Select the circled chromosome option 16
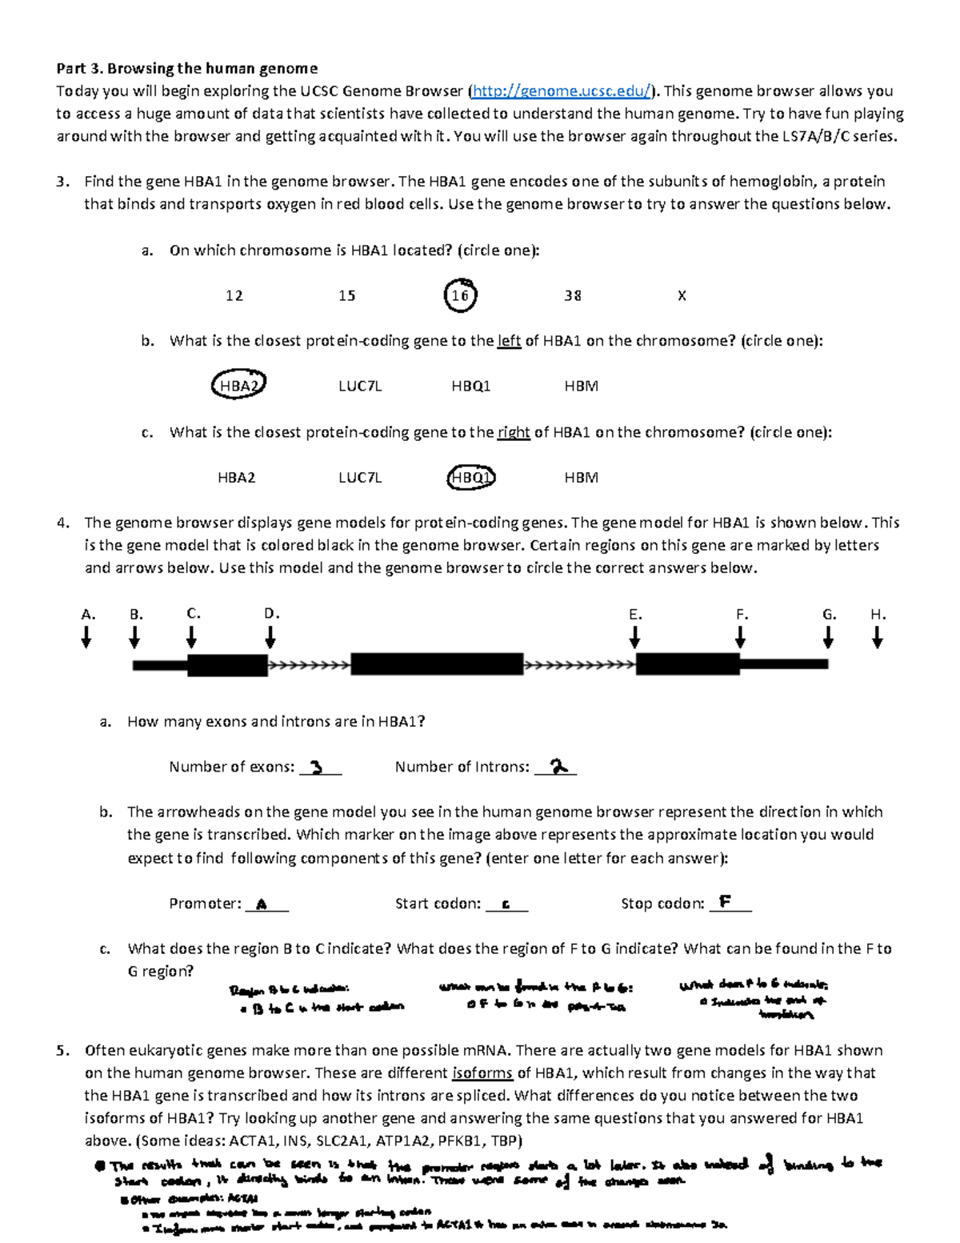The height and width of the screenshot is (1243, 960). (x=460, y=295)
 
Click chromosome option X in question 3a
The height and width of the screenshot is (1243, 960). (x=682, y=295)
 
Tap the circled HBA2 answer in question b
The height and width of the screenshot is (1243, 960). (x=238, y=386)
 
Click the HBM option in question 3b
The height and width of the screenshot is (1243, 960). (x=581, y=386)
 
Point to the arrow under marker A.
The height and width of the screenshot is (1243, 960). (x=86, y=637)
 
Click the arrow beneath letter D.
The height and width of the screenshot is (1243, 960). (x=270, y=637)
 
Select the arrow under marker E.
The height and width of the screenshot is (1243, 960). (x=634, y=637)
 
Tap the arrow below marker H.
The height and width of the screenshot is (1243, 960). (x=878, y=637)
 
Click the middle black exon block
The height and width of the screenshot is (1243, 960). (x=437, y=664)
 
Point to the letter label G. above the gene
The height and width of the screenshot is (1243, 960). (x=829, y=614)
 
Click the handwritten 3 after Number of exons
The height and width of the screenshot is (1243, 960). (x=317, y=767)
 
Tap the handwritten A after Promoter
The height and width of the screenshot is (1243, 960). (x=261, y=904)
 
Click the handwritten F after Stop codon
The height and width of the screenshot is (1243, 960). (x=725, y=902)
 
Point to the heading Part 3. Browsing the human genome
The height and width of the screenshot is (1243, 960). (x=186, y=68)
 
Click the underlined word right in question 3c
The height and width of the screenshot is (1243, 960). (x=514, y=432)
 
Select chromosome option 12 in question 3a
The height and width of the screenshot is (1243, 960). (x=234, y=295)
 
